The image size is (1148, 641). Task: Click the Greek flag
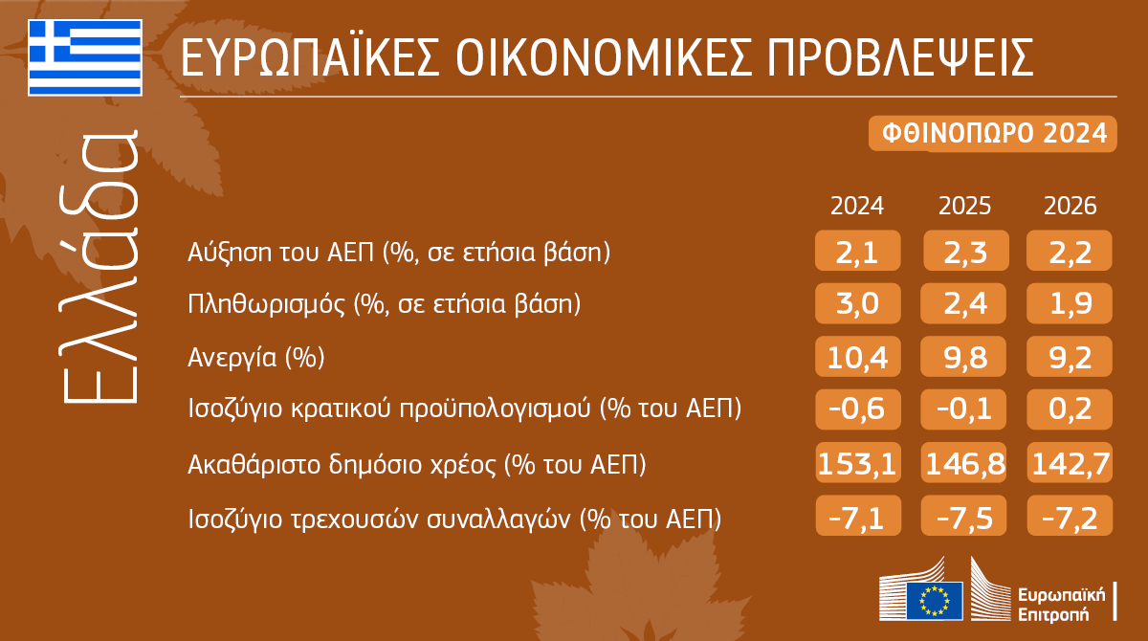pos(85,56)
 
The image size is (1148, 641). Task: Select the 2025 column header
pos(964,206)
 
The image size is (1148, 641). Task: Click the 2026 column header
pos(1071,206)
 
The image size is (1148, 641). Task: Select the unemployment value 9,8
pos(964,358)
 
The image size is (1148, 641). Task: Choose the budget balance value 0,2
pos(1071,409)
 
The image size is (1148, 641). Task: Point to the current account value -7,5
pos(964,518)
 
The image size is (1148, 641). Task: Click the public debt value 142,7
pos(1071,465)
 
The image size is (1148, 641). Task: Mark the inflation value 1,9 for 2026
pos(1071,305)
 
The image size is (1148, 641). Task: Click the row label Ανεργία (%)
pos(256,358)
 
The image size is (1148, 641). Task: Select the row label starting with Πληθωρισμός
pos(384,305)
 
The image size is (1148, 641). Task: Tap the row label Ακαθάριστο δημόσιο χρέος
pos(417,466)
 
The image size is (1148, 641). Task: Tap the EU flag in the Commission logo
pos(934,599)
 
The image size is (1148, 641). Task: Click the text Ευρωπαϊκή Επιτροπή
pos(1062,601)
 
